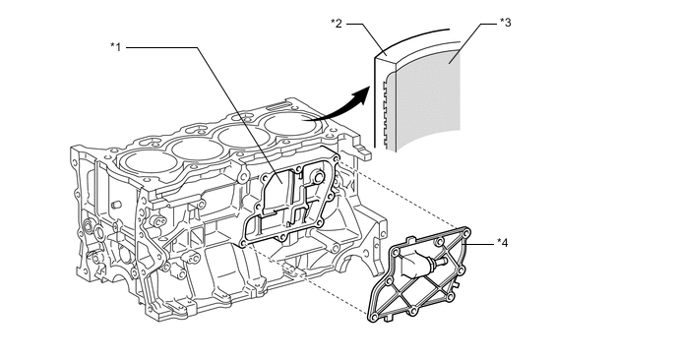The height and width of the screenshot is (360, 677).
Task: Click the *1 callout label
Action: click(116, 46)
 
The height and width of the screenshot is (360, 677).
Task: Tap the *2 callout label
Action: click(337, 24)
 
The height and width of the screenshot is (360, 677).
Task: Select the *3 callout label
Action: click(505, 23)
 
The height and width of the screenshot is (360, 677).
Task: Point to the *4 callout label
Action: click(502, 243)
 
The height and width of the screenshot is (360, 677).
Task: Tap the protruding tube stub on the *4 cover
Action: click(440, 262)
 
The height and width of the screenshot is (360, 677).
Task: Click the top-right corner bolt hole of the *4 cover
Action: click(465, 233)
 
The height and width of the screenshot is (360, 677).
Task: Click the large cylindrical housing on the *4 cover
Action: click(413, 264)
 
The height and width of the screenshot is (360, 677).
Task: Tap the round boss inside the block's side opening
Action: click(318, 177)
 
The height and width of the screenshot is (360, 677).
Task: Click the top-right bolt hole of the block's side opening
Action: click(336, 162)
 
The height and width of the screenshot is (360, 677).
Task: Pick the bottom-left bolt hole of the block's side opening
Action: click(244, 244)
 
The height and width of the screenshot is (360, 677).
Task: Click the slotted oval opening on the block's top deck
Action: click(277, 105)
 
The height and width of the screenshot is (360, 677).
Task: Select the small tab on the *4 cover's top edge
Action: click(411, 238)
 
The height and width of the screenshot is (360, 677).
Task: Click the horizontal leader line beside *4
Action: click(478, 244)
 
